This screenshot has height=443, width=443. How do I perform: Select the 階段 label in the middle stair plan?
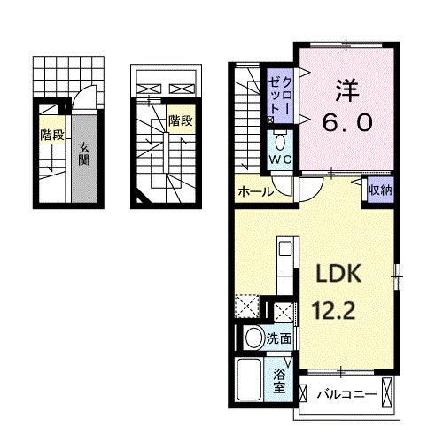point(181,120)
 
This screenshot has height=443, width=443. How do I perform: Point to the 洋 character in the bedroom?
point(346,89)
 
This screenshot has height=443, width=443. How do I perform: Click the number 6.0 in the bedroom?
point(346,123)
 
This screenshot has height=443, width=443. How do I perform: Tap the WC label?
point(280,159)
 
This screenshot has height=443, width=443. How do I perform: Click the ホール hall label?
point(253,191)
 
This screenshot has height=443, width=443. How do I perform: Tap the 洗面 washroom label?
point(281,338)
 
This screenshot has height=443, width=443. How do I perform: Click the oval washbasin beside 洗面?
point(253,338)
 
